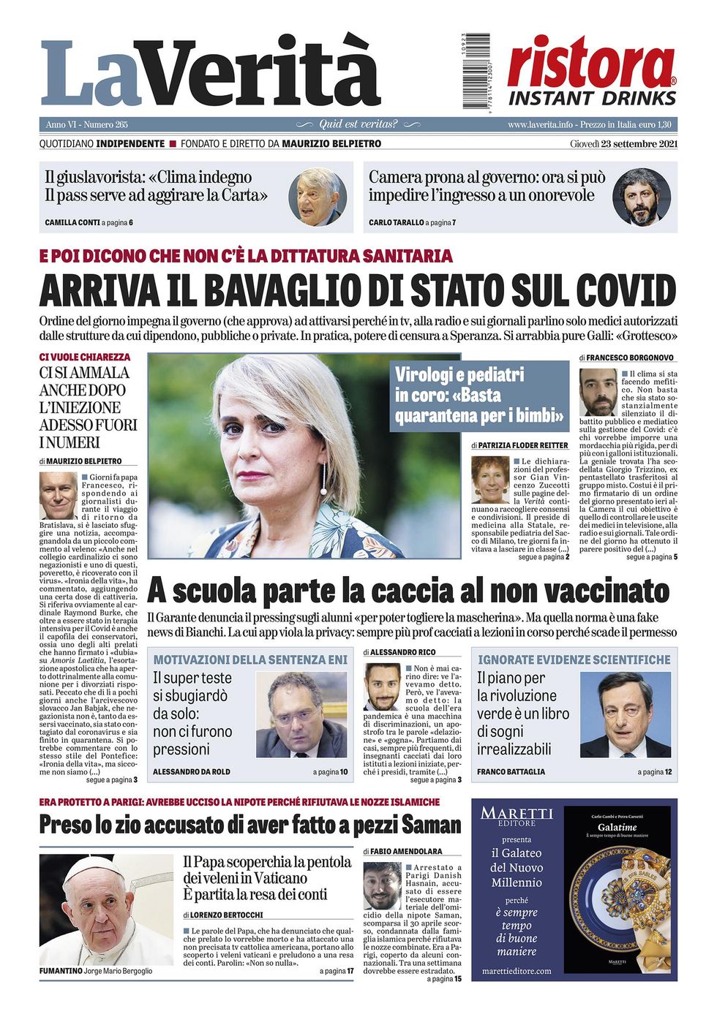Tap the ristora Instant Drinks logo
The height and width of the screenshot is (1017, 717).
(591, 72)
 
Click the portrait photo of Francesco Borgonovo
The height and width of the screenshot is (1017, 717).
(598, 393)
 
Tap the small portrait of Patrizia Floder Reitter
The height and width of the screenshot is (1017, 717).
(489, 480)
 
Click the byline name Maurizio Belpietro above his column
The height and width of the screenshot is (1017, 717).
(86, 461)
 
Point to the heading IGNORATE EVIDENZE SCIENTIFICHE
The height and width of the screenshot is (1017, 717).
(574, 659)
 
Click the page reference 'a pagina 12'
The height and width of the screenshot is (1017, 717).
(654, 771)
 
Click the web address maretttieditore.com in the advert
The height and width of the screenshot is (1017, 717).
(517, 971)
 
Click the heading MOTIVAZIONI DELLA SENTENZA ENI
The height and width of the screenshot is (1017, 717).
(250, 659)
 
